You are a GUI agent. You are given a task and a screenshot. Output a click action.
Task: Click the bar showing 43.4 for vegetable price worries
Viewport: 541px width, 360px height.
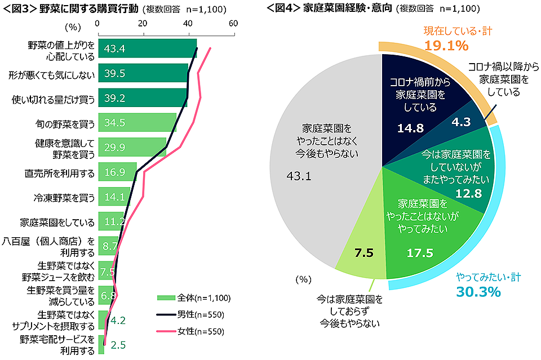click(147, 49)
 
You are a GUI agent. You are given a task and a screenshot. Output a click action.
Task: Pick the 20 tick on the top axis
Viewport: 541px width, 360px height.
click(143, 24)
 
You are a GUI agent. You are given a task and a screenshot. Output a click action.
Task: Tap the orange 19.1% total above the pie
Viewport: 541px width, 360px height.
click(446, 45)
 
